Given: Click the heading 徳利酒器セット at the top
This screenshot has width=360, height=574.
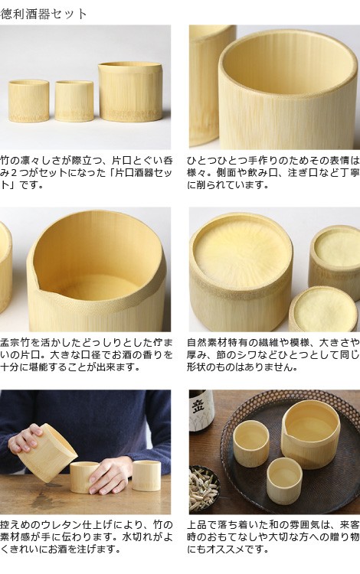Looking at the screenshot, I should [44, 14].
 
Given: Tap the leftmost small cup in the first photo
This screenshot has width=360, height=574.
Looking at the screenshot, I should [29, 101].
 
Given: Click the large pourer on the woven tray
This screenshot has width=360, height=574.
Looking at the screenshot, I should [311, 432].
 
